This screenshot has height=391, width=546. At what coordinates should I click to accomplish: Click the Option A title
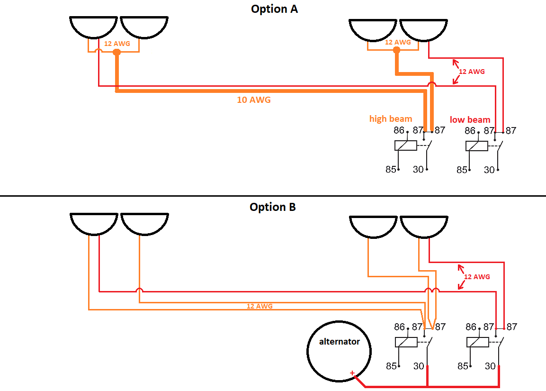(x=274, y=9)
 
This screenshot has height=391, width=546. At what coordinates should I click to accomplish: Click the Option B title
(x=273, y=207)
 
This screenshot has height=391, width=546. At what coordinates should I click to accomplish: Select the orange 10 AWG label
(x=254, y=100)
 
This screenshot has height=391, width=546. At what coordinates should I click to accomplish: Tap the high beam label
(x=391, y=118)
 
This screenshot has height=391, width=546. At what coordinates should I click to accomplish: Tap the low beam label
(x=470, y=119)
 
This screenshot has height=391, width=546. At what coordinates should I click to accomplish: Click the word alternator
(x=339, y=341)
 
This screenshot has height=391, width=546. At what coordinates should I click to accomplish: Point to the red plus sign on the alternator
(x=352, y=373)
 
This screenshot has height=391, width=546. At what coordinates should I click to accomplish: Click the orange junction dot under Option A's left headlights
(x=116, y=52)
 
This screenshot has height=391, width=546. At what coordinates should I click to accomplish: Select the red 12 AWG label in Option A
(x=472, y=72)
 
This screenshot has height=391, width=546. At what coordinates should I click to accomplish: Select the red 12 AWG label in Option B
(x=476, y=277)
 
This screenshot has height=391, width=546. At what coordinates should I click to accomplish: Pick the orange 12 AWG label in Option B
(x=259, y=306)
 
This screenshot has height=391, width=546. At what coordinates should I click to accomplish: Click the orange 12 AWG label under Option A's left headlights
(x=117, y=44)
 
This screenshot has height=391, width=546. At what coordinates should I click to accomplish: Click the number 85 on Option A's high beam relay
(x=391, y=170)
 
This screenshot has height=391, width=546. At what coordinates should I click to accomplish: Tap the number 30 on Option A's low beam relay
(x=489, y=170)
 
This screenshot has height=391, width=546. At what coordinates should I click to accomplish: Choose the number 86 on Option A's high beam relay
(x=399, y=130)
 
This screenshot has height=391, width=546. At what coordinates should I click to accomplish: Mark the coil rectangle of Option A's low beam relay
(x=477, y=146)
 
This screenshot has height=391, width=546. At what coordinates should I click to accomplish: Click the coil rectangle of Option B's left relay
(x=406, y=342)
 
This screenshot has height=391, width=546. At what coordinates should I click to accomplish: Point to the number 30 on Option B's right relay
(x=490, y=366)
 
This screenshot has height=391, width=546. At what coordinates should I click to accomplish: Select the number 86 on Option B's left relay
(x=400, y=327)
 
